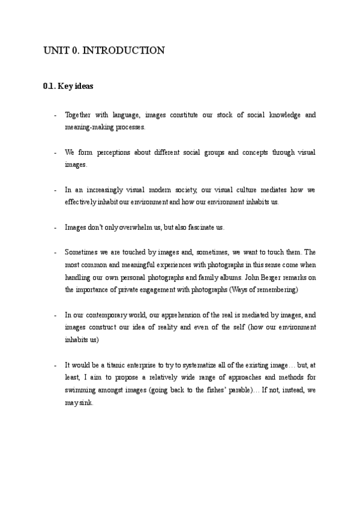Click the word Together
coord(79,115)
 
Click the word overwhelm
coord(139,227)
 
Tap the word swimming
coord(80,391)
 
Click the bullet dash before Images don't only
coord(55,227)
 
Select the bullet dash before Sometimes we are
coord(55,252)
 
